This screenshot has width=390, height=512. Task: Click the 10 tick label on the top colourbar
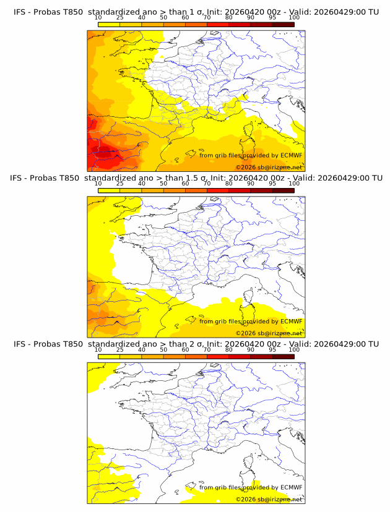98,17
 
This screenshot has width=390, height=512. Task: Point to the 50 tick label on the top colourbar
163,17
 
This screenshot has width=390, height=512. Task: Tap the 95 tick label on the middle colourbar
272,184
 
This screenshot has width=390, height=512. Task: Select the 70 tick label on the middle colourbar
207,184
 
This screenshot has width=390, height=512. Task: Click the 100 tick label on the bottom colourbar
294,350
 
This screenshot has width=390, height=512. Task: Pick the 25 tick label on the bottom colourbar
120,350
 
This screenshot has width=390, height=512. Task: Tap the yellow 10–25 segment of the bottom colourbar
109,357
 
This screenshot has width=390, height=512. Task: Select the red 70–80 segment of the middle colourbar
218,190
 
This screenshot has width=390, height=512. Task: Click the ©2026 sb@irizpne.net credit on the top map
269,167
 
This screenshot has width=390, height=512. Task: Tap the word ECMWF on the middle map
291,321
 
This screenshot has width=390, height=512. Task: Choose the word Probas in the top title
47,11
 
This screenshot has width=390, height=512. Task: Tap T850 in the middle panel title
71,177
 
